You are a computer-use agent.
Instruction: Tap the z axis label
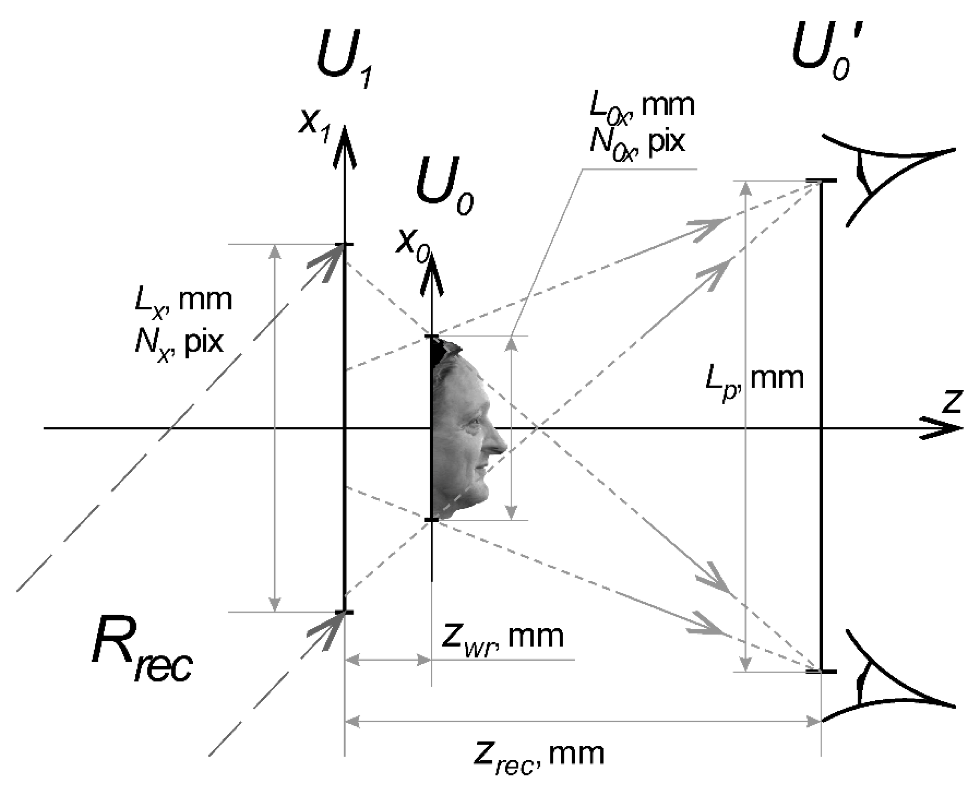pyautogui.click(x=952, y=401)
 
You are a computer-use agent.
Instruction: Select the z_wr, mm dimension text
pyautogui.click(x=501, y=637)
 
